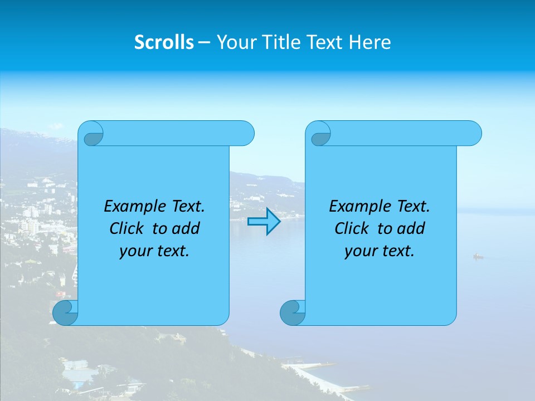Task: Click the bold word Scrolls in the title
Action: click(164, 42)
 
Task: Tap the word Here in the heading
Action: click(369, 42)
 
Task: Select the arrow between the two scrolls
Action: click(264, 222)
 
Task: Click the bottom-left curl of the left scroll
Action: click(65, 313)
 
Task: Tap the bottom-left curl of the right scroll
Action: click(292, 313)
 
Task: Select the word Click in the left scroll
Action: click(126, 229)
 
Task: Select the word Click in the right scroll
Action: click(351, 229)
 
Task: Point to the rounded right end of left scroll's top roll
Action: click(245, 134)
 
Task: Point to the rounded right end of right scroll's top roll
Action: click(473, 134)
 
